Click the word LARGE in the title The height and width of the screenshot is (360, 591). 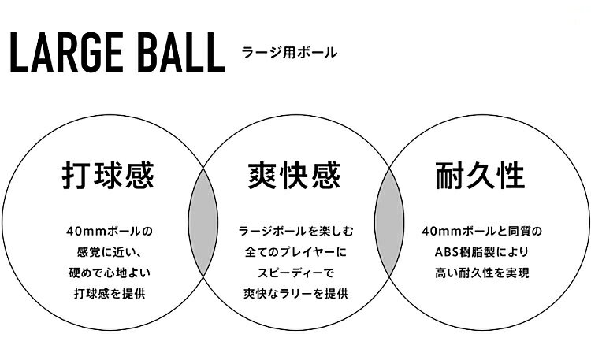[66, 53]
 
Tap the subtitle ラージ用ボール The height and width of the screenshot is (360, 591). [289, 53]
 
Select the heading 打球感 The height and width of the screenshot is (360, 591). [108, 176]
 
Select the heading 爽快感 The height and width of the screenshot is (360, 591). [295, 176]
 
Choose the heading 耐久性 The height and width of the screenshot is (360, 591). [480, 176]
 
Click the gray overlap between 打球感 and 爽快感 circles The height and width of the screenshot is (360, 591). [203, 222]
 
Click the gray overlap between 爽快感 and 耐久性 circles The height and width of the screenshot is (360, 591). [389, 222]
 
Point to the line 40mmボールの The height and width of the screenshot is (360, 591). [110, 231]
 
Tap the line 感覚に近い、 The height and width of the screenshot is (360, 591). [110, 252]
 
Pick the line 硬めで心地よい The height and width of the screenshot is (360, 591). [110, 273]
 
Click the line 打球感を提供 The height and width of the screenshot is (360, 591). [110, 293]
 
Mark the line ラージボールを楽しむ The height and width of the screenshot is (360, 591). [295, 231]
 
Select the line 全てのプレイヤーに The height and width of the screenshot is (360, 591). [295, 252]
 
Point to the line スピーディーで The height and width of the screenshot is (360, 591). [295, 273]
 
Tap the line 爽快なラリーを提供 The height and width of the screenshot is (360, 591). [295, 293]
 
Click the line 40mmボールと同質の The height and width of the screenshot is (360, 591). [482, 231]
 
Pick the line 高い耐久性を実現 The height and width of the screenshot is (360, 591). [482, 273]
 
